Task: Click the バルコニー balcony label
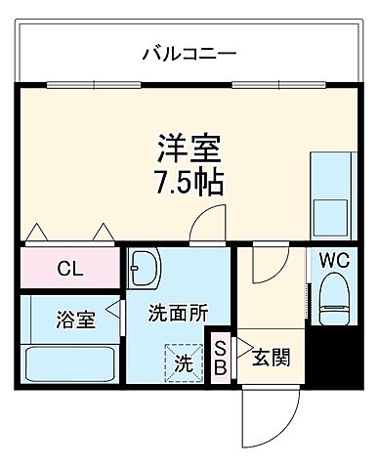(189, 51)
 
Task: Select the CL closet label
(68, 269)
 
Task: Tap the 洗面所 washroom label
(178, 314)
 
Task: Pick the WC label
(334, 261)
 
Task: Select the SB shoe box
(221, 358)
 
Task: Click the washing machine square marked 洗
(184, 361)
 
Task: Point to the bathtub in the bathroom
(70, 365)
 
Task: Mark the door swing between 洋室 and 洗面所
(207, 228)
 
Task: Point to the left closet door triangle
(39, 234)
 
